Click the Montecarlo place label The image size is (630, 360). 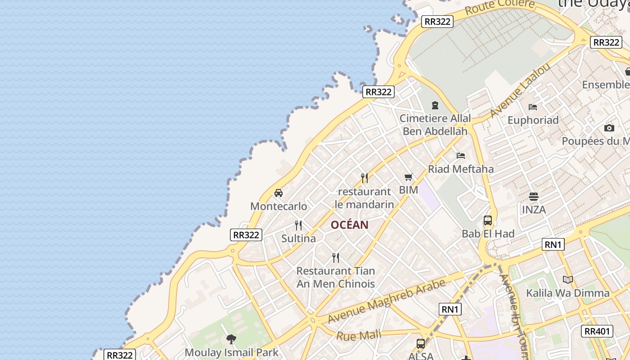click(x=279, y=207)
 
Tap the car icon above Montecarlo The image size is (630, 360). click(x=279, y=193)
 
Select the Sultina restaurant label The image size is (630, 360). click(x=298, y=238)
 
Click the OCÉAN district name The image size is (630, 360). click(x=350, y=225)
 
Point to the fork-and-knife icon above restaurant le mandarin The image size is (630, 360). click(x=364, y=178)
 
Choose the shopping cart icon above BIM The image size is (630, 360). click(x=409, y=177)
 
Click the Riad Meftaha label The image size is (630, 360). click(x=461, y=169)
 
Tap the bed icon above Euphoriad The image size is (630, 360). click(x=533, y=107)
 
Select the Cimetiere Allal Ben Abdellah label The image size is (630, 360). click(x=435, y=125)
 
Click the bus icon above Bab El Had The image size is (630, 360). click(x=488, y=220)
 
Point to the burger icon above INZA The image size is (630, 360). click(x=534, y=197)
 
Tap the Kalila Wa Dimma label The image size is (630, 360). click(x=568, y=293)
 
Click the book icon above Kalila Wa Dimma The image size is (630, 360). click(x=568, y=280)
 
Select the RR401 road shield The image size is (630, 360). click(x=597, y=332)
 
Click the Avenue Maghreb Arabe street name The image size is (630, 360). click(x=387, y=301)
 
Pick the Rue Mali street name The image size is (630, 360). click(x=359, y=335)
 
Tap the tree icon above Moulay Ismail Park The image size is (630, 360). click(x=231, y=339)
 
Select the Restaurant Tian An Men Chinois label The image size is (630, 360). click(x=336, y=277)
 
